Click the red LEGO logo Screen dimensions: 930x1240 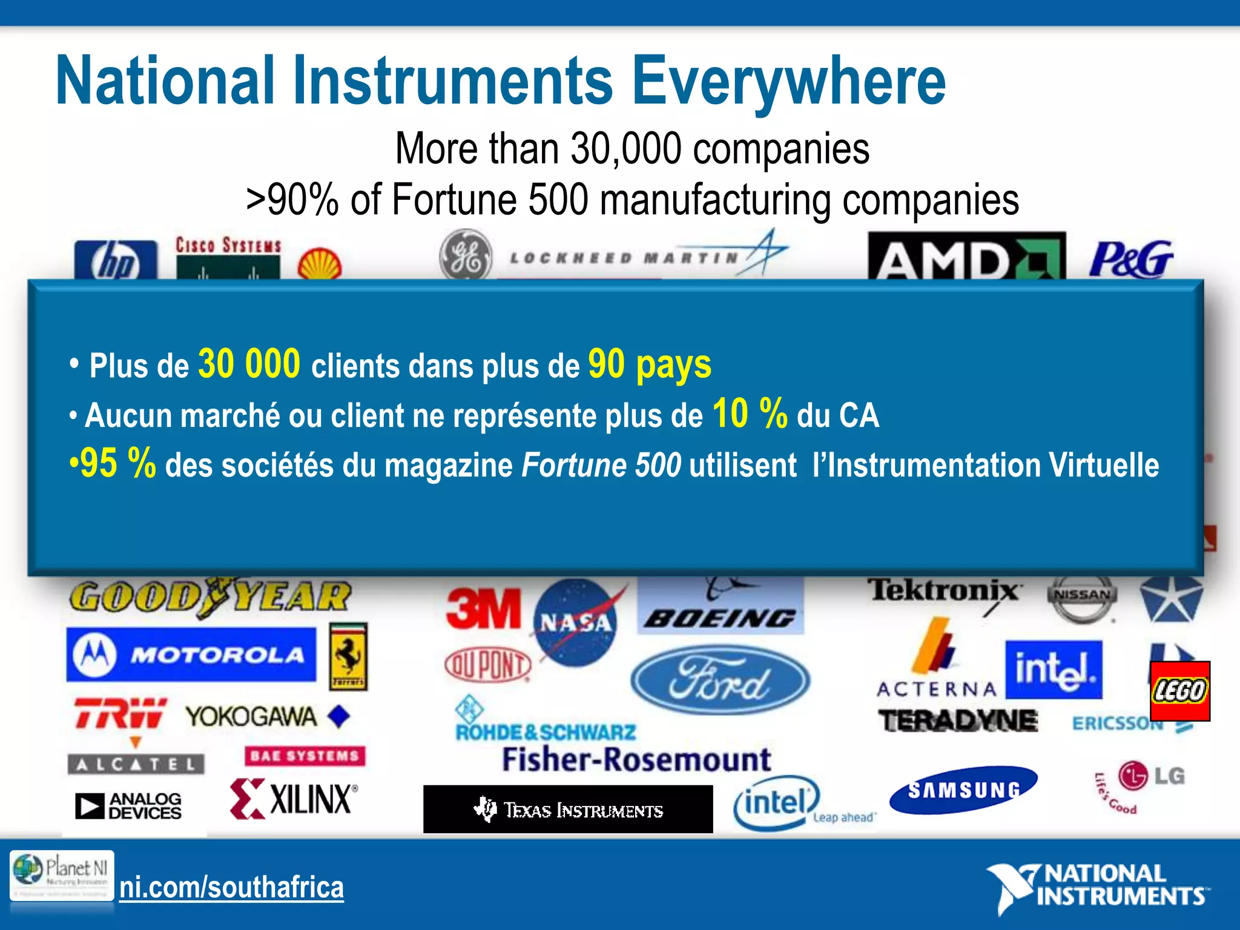click(x=1180, y=691)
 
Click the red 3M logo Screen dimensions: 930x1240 click(x=483, y=608)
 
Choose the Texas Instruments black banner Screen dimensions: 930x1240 click(x=568, y=810)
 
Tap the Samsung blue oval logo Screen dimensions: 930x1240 click(x=963, y=789)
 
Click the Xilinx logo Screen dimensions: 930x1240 click(x=294, y=799)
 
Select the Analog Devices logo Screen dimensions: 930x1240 click(x=128, y=806)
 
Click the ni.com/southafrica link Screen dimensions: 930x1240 click(x=231, y=888)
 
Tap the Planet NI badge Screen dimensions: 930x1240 click(x=61, y=875)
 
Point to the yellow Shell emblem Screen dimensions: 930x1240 click(x=320, y=265)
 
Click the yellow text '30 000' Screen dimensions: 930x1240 click(x=249, y=364)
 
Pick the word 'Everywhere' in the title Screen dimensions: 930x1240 click(x=788, y=82)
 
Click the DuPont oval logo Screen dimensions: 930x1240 click(x=487, y=665)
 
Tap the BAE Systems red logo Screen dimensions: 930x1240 click(x=305, y=756)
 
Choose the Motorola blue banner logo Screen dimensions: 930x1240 click(x=191, y=655)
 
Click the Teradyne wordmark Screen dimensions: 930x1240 click(x=958, y=721)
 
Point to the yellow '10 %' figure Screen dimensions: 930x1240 click(x=750, y=414)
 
